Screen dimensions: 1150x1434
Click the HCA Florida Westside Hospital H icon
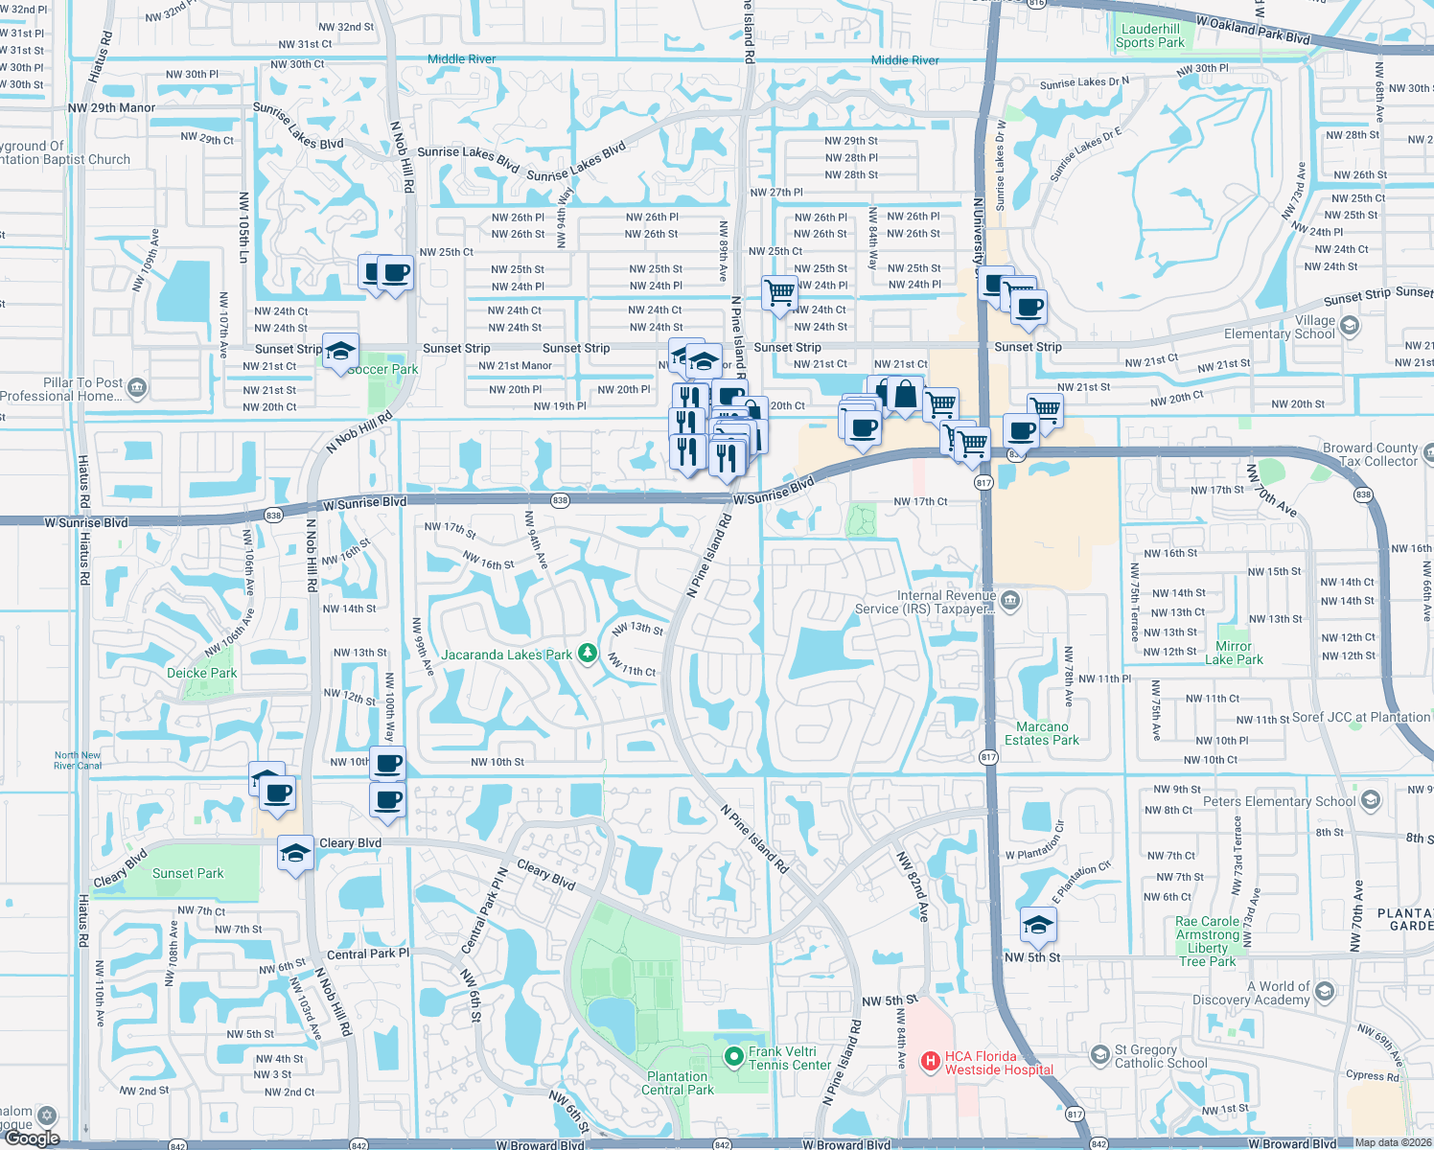pos(929,1061)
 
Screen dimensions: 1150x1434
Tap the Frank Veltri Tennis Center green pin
pos(734,1057)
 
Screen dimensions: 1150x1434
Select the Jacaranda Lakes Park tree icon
pos(588,655)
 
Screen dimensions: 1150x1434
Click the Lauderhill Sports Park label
pos(1150,35)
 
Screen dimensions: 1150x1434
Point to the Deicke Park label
pos(201,673)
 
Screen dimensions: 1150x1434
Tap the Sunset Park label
pos(188,873)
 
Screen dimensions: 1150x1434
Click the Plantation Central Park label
pos(678,1083)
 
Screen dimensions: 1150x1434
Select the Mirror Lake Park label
pos(1234,653)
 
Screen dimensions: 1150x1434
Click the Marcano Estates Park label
pos(1042,733)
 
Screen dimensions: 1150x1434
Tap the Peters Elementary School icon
pos(1371,800)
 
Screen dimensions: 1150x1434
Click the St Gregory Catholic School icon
pos(1100,1056)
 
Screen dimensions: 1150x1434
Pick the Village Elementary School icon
pos(1350,326)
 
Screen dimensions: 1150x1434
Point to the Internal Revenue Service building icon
pos(1009,601)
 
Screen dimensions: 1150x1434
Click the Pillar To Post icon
pos(136,388)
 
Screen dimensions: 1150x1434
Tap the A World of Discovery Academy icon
pos(1325,991)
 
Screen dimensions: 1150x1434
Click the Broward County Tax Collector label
pos(1370,454)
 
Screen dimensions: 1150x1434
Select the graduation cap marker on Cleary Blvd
pos(295,852)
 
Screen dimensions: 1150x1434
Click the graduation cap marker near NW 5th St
pos(1038,924)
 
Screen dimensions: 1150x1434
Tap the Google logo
pos(33,1138)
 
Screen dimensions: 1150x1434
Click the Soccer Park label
pos(382,369)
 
